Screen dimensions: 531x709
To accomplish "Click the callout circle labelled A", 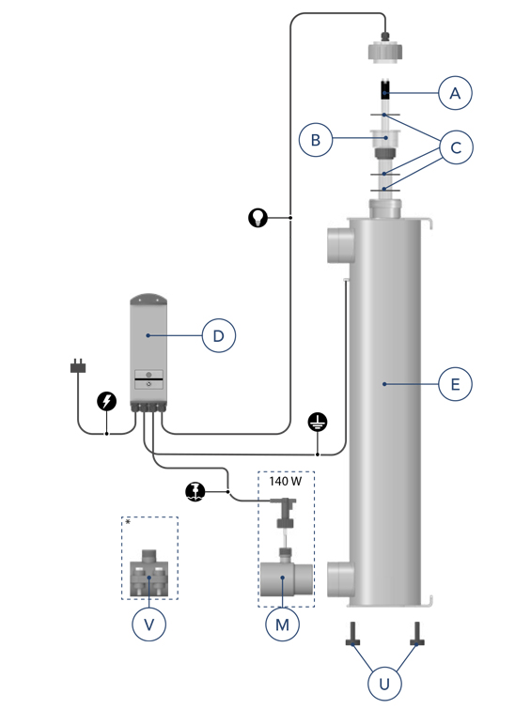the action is [x=455, y=93].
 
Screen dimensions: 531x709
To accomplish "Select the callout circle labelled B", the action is [x=316, y=140].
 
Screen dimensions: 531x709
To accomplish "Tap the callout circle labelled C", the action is [x=456, y=147].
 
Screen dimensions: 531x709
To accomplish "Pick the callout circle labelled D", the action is [x=219, y=335].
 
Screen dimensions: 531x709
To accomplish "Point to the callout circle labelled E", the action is [x=455, y=384].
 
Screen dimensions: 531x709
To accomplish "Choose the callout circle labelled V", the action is [x=148, y=624].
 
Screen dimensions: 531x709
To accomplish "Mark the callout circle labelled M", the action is [x=282, y=624].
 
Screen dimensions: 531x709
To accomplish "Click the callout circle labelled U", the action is [x=384, y=684].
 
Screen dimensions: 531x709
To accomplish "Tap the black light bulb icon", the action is [x=258, y=218].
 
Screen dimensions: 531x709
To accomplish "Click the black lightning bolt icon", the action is [x=107, y=401].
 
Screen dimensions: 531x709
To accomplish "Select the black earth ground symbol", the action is [x=318, y=422].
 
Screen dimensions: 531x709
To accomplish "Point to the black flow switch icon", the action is [x=195, y=491].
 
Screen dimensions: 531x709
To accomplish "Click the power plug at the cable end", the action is [x=78, y=365].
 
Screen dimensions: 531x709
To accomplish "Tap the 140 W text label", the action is [x=285, y=481].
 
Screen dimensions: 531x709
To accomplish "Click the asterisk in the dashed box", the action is [x=128, y=522].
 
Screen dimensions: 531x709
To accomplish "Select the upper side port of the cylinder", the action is [x=340, y=244].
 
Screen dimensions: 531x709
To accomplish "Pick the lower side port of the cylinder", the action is [x=340, y=578].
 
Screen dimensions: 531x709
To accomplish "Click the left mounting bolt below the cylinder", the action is [x=352, y=635].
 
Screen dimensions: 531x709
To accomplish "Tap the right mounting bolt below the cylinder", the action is [x=416, y=635].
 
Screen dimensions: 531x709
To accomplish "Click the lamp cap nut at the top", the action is [x=384, y=50].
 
